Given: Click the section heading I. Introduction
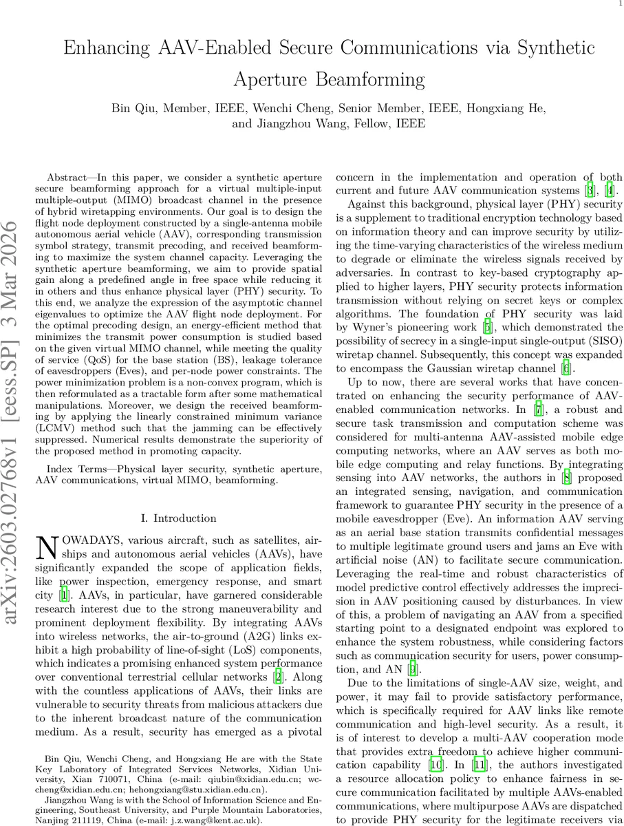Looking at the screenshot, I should pos(178,518).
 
